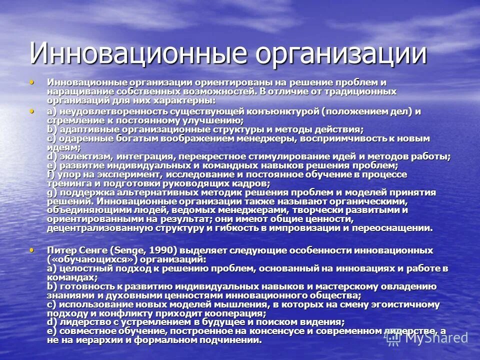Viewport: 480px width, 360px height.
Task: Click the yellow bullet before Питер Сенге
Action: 33,249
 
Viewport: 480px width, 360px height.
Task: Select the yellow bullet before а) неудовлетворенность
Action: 33,110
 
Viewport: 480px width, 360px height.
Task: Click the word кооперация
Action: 232,313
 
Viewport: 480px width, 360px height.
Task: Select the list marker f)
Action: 51,174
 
